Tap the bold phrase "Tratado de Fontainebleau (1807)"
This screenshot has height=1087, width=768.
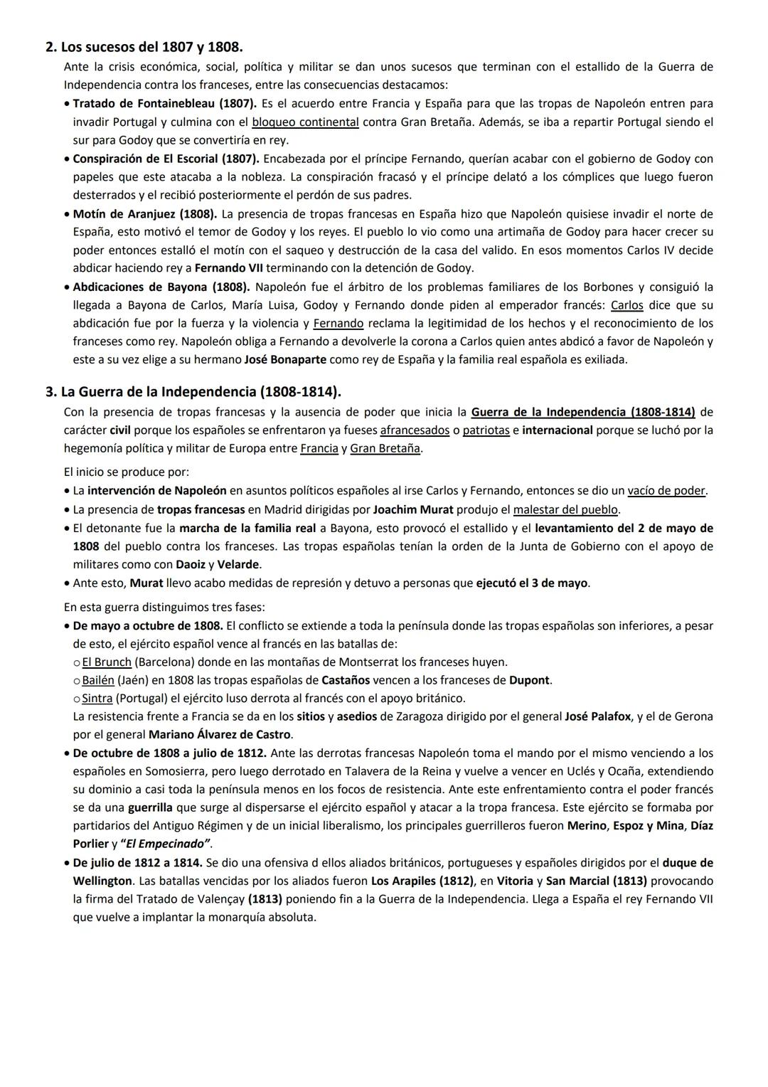(165, 103)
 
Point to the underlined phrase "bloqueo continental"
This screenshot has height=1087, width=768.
(305, 122)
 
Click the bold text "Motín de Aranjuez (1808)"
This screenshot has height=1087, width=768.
(145, 213)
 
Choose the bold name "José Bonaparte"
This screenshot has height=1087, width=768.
(285, 359)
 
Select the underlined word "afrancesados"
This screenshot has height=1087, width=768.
(415, 430)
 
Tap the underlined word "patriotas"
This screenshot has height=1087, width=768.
(486, 430)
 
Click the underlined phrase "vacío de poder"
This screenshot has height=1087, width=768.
(666, 490)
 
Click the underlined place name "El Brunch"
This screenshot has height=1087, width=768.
(107, 662)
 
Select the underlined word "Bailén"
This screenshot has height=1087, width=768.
(98, 680)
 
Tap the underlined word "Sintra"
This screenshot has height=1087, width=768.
(97, 698)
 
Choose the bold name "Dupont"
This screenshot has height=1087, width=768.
(530, 680)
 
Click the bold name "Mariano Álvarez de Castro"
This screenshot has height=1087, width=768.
(220, 734)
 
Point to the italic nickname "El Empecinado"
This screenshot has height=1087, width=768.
(166, 844)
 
